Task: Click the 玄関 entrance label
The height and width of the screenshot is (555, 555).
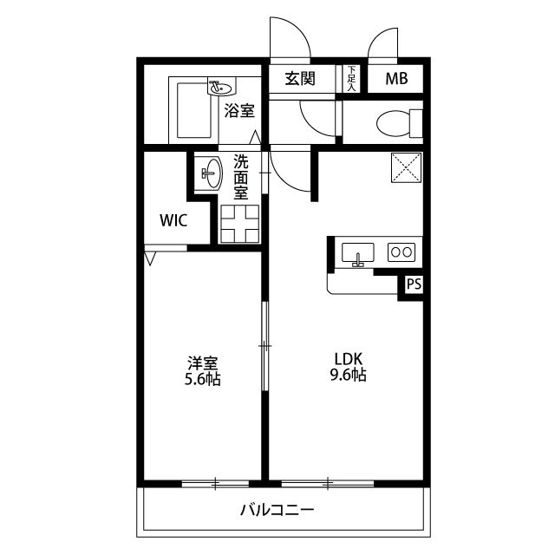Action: coord(300,79)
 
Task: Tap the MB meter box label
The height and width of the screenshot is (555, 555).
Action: coord(396,79)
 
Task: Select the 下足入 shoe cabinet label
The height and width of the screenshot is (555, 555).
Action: coord(351,79)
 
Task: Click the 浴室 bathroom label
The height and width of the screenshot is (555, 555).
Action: coord(239,111)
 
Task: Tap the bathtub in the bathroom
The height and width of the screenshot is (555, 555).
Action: coord(193,110)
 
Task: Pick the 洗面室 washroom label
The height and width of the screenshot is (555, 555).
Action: coord(241,177)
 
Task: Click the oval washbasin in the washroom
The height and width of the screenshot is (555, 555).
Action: coord(213,173)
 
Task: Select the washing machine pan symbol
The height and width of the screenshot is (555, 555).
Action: coord(239,224)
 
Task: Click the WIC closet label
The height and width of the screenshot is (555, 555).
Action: coord(173,220)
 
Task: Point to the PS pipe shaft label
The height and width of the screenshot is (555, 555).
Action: coord(414,284)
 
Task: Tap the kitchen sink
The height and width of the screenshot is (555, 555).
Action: coord(358,252)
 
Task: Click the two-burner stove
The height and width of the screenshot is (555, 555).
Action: coord(402,252)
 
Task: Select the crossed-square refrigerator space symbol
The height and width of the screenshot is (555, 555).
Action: coord(407,167)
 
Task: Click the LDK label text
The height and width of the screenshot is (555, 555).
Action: coord(349,359)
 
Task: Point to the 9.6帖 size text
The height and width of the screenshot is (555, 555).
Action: coord(349,375)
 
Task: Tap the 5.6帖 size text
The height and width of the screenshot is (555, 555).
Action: coord(202,379)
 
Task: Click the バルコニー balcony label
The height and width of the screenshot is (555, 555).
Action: coord(277,510)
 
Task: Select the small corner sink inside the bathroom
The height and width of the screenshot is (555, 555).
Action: coord(221,87)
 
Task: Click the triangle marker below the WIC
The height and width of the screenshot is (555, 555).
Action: coord(150,258)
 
